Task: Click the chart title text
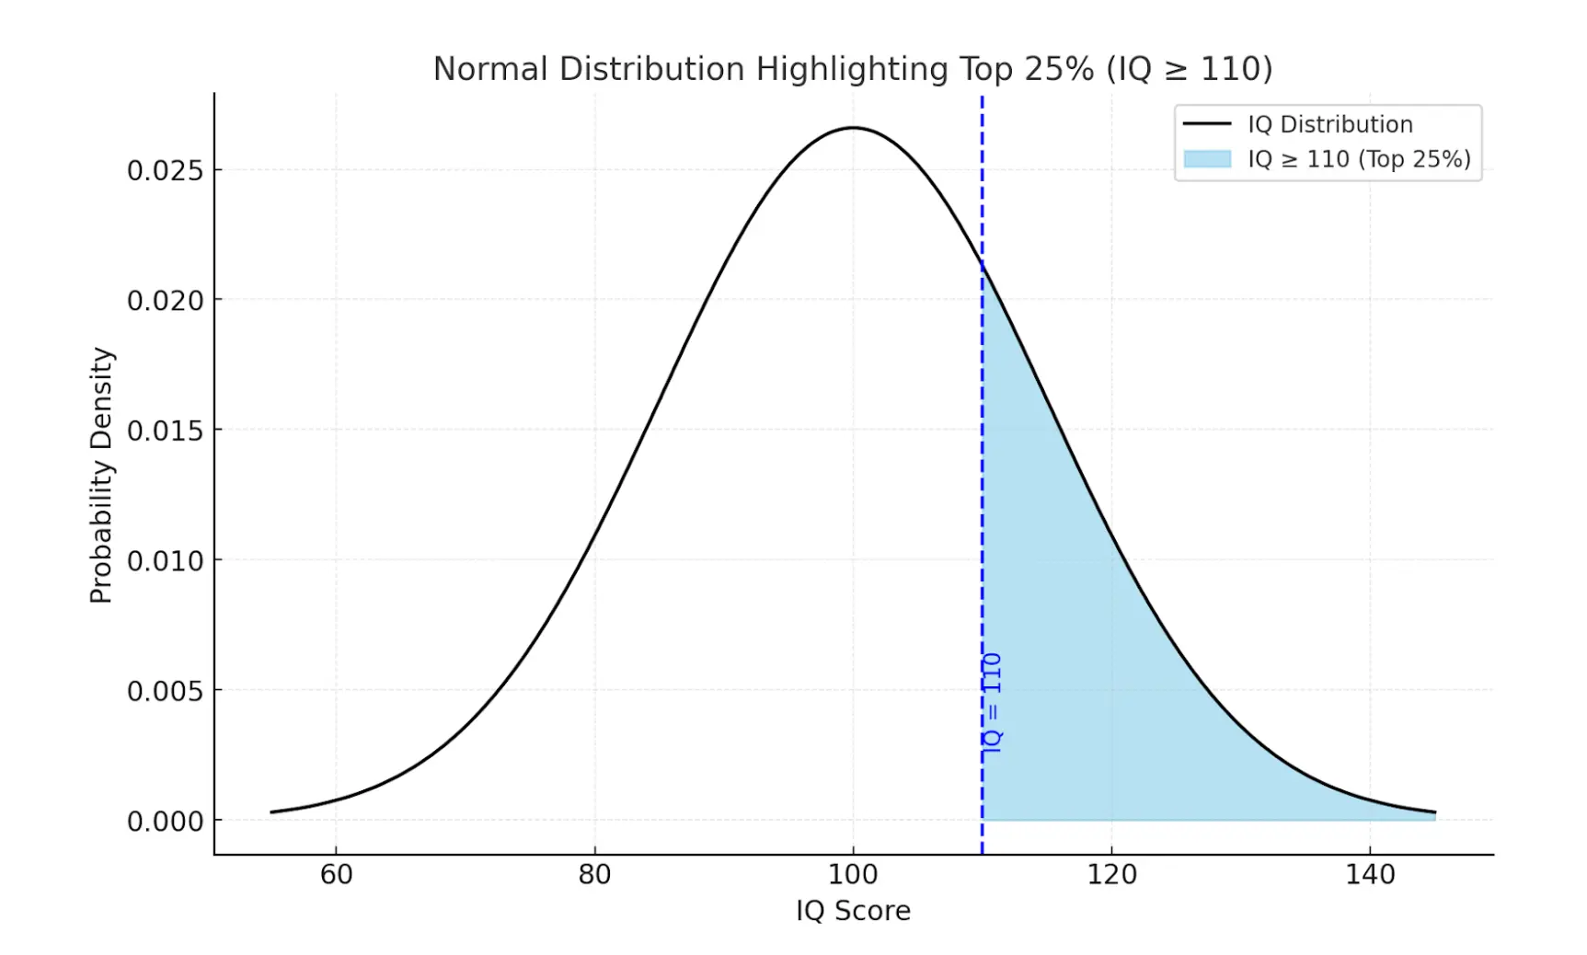852,69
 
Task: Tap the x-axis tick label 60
336,874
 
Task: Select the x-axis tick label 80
594,874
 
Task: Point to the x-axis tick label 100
853,874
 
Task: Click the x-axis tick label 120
1111,874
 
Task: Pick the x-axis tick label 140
1370,874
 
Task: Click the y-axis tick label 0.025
165,171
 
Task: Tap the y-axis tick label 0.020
165,301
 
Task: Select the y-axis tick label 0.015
165,431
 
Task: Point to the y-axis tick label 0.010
165,561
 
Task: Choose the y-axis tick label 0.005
165,691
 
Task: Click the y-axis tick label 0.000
165,821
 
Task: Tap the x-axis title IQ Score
853,911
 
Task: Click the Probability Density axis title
101,475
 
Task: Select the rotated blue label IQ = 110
992,703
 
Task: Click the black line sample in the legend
1206,124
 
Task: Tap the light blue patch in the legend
1206,159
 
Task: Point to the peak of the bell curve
853,128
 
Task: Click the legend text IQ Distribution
1329,124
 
